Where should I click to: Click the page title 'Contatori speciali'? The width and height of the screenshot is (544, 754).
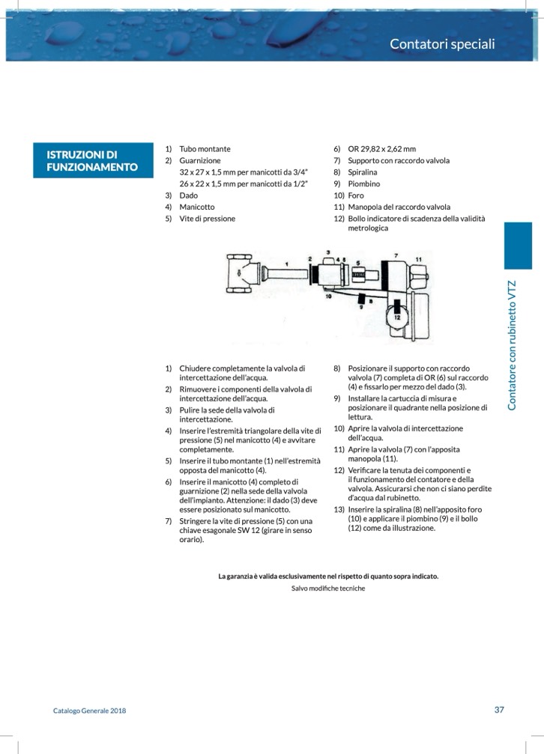click(442, 44)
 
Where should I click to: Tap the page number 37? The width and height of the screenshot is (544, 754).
click(499, 710)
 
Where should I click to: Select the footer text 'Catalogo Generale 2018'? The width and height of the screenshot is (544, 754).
click(89, 711)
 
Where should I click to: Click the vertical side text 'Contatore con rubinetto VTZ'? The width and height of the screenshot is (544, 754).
click(513, 344)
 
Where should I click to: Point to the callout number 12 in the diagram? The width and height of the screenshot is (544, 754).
click(396, 317)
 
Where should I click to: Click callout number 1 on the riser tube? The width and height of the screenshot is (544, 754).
click(288, 264)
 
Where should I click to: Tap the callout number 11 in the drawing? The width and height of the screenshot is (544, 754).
click(419, 259)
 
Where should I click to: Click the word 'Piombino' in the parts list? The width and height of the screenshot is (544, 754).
click(363, 183)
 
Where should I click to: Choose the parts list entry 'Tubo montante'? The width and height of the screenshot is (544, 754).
click(205, 149)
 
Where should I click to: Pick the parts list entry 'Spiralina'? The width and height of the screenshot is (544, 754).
click(364, 172)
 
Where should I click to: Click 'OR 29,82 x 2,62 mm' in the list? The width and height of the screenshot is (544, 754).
click(381, 149)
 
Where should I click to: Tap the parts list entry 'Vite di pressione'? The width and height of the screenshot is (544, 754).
click(207, 219)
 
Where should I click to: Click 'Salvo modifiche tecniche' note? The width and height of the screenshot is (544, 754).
click(328, 589)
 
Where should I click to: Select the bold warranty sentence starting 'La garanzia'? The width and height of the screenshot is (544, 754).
click(328, 576)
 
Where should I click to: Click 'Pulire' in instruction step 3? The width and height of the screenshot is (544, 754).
click(191, 410)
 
